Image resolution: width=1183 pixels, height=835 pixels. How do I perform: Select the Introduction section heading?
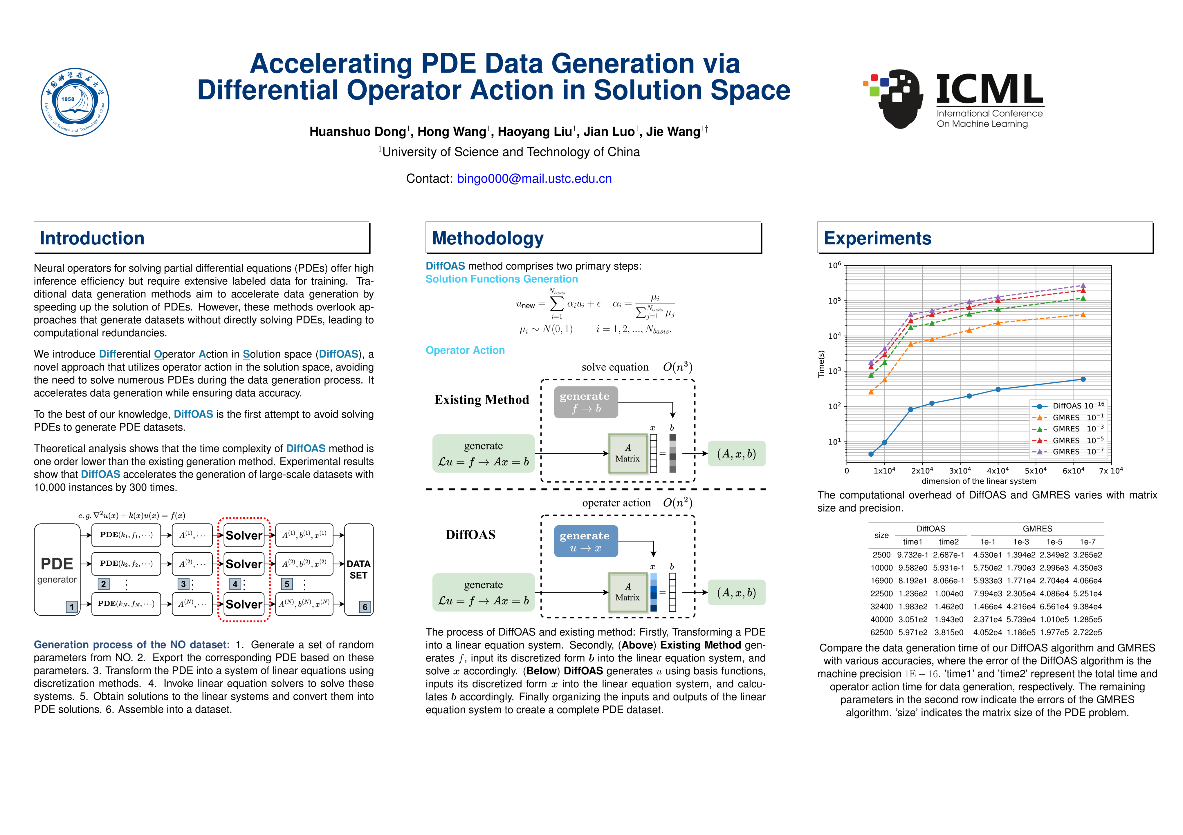click(x=92, y=238)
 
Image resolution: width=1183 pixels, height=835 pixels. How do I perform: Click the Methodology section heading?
click(x=487, y=238)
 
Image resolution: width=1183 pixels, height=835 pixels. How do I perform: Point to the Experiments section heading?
click(x=877, y=238)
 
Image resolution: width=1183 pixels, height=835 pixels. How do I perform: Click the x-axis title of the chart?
click(x=978, y=481)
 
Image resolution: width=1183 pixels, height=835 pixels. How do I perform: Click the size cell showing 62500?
click(x=881, y=632)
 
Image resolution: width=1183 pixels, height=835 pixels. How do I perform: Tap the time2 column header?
click(x=948, y=542)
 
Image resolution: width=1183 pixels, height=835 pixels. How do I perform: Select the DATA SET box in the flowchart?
click(x=359, y=569)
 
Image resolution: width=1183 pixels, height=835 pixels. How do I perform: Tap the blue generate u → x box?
click(x=585, y=541)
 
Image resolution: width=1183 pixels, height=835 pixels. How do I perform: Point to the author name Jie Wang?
click(x=673, y=132)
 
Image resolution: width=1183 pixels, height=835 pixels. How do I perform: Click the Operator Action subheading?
click(x=465, y=350)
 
